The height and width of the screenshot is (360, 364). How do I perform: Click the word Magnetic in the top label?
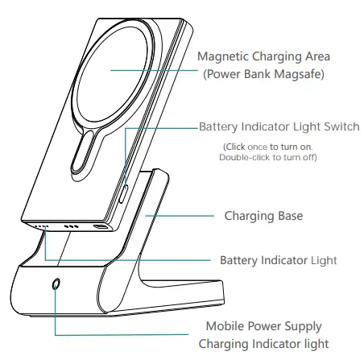(223, 57)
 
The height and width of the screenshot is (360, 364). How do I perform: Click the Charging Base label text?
(263, 216)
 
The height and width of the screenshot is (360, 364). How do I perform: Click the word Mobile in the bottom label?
(225, 326)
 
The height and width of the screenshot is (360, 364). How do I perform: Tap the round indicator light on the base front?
(56, 284)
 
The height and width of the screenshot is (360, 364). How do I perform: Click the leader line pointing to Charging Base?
(180, 216)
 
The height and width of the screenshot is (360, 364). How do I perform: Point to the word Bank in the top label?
(257, 74)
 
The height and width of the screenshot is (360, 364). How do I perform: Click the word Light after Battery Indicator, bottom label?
(324, 261)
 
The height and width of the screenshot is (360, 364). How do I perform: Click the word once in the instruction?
(257, 147)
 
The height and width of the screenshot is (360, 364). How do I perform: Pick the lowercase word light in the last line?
(318, 345)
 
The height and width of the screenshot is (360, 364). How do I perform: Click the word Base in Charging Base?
(291, 216)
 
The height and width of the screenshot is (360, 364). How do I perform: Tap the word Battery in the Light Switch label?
(218, 127)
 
